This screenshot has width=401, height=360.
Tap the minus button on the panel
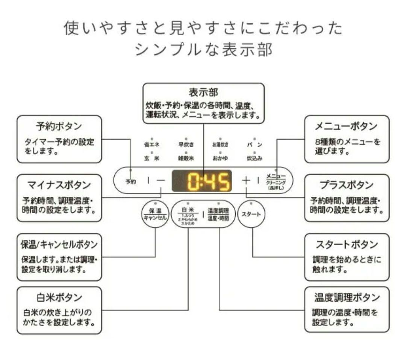[x=161, y=181]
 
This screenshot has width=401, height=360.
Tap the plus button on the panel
[x=246, y=180]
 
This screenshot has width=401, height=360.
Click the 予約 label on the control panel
[x=131, y=181]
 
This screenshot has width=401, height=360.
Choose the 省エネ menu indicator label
[x=151, y=145]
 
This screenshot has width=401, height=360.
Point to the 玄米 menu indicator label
[x=151, y=158]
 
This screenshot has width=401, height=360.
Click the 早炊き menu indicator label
[x=186, y=145]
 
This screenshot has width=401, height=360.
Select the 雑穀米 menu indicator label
[x=186, y=158]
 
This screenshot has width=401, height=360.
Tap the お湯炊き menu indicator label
[x=220, y=145]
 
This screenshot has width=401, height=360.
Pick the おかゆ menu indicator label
[x=220, y=158]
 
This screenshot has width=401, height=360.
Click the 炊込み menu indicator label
[x=254, y=158]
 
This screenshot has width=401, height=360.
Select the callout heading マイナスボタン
[x=59, y=185]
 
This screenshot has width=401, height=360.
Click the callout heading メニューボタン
[x=346, y=126]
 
